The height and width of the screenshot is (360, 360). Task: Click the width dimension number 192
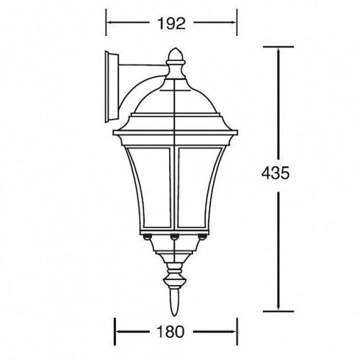pyautogui.click(x=171, y=23)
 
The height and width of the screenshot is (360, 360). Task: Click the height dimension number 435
pyautogui.click(x=276, y=173)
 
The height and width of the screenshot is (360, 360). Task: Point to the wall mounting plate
pyautogui.click(x=112, y=86)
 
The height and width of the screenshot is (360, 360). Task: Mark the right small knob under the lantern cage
pyautogui.click(x=203, y=236)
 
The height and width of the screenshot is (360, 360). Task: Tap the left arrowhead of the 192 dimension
pyautogui.click(x=109, y=23)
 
